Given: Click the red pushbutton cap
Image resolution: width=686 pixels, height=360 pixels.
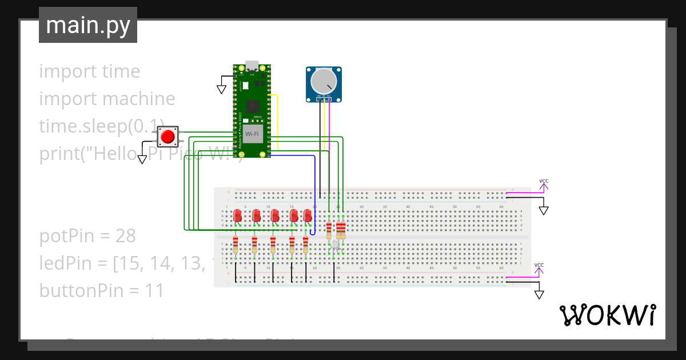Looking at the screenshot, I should click(167, 137).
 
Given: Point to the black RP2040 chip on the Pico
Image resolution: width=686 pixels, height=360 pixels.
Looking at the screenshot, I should click(252, 106).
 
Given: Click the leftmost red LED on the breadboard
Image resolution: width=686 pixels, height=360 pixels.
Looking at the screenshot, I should click(238, 215).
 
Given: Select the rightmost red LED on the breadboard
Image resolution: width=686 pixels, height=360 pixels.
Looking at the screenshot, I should click(308, 215).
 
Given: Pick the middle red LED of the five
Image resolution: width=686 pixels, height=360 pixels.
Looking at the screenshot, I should click(275, 215).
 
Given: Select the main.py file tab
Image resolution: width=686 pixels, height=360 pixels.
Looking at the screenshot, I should click(88, 25).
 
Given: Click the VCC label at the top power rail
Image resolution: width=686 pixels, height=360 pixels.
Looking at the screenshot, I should click(544, 181).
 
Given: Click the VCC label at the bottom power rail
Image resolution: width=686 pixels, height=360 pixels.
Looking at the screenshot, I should click(539, 265).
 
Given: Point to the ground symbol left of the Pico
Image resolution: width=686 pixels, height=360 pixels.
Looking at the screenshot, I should click(221, 89).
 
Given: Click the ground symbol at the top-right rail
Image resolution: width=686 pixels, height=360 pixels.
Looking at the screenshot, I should click(544, 210).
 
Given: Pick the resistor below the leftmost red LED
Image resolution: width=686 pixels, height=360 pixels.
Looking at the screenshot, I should click(236, 245).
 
